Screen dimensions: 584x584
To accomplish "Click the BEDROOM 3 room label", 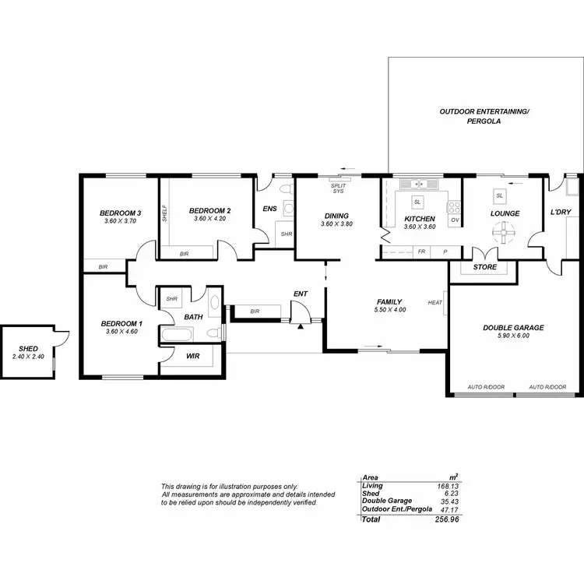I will pyautogui.click(x=120, y=213).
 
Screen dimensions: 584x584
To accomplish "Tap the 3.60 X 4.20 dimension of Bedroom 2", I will pyautogui.click(x=209, y=219).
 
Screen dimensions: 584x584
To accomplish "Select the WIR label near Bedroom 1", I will pyautogui.click(x=192, y=356).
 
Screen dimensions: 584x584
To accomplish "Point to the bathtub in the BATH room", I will pyautogui.click(x=181, y=335).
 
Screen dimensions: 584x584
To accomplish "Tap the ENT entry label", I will pyautogui.click(x=300, y=294).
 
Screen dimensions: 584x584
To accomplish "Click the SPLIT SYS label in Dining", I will pyautogui.click(x=338, y=188).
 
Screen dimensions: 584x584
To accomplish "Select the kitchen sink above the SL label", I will pyautogui.click(x=418, y=185).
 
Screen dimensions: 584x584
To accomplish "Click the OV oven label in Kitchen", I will pyautogui.click(x=455, y=221).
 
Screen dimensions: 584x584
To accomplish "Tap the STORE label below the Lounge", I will pyautogui.click(x=484, y=267).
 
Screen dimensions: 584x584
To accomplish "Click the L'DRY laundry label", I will pyautogui.click(x=561, y=213).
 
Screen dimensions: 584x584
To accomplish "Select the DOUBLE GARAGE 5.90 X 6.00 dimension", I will pyautogui.click(x=513, y=336).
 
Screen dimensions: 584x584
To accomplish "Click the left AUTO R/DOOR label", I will pyautogui.click(x=485, y=387).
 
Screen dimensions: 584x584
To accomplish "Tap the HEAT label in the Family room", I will pyautogui.click(x=434, y=302).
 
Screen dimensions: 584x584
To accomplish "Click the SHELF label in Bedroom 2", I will pyautogui.click(x=164, y=213).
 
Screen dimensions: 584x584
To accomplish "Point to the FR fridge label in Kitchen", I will pyautogui.click(x=421, y=252).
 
